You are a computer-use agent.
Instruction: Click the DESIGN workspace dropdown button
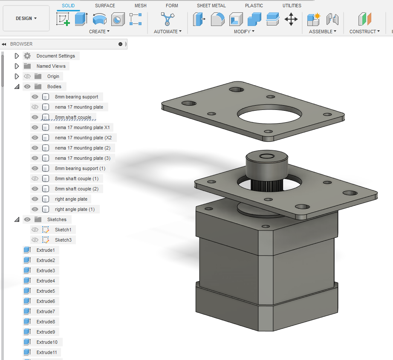tap(26, 18)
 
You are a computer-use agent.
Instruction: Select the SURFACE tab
tap(105, 6)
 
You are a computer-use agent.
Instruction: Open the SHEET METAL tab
tap(211, 6)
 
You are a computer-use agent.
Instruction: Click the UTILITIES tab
tap(292, 6)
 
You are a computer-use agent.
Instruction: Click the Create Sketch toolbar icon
tap(63, 19)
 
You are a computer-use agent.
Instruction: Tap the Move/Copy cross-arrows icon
tap(291, 19)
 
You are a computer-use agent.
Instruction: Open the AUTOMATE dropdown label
tap(168, 32)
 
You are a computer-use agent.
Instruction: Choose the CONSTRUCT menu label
tap(364, 32)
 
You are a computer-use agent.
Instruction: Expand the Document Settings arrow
tap(17, 56)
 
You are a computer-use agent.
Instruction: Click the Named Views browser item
tap(51, 66)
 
